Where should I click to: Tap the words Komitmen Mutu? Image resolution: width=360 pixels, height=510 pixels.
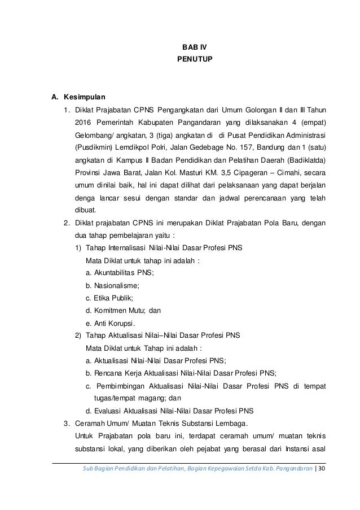pyautogui.click(x=113, y=311)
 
